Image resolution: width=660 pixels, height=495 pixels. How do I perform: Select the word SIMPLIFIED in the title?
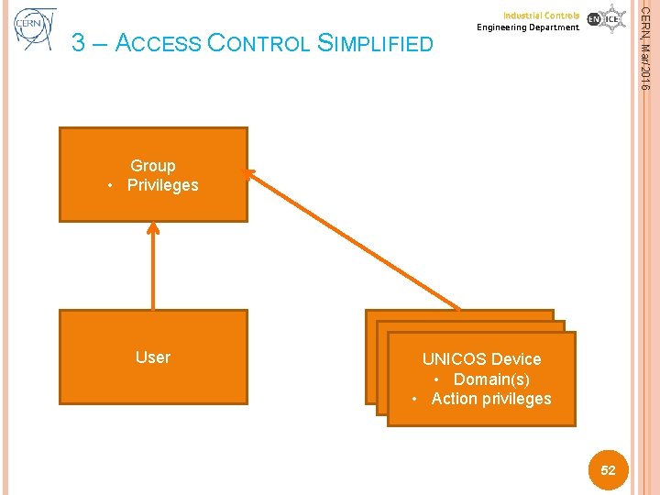tap(370, 43)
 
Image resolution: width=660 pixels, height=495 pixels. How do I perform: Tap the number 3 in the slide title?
tap(78, 43)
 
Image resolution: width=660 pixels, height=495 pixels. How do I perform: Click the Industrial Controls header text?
tap(541, 16)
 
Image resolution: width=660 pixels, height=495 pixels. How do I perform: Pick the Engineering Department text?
tap(528, 27)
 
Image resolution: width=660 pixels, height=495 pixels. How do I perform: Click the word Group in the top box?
tap(152, 166)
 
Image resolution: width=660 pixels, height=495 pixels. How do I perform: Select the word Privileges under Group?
tap(162, 185)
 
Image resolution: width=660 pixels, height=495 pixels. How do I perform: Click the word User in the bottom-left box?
tap(152, 357)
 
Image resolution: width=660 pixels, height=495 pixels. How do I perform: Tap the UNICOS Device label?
tap(481, 359)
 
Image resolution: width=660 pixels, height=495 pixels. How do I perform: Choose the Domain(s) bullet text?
tap(491, 379)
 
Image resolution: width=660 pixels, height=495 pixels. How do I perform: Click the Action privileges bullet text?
tap(491, 398)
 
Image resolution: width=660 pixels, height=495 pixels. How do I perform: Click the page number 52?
tap(608, 470)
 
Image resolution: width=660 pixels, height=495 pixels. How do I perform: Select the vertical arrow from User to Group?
tap(153, 270)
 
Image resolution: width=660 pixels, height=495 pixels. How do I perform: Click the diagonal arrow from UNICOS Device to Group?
tap(357, 241)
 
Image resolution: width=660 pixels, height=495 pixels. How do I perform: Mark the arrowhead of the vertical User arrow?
tap(153, 230)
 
